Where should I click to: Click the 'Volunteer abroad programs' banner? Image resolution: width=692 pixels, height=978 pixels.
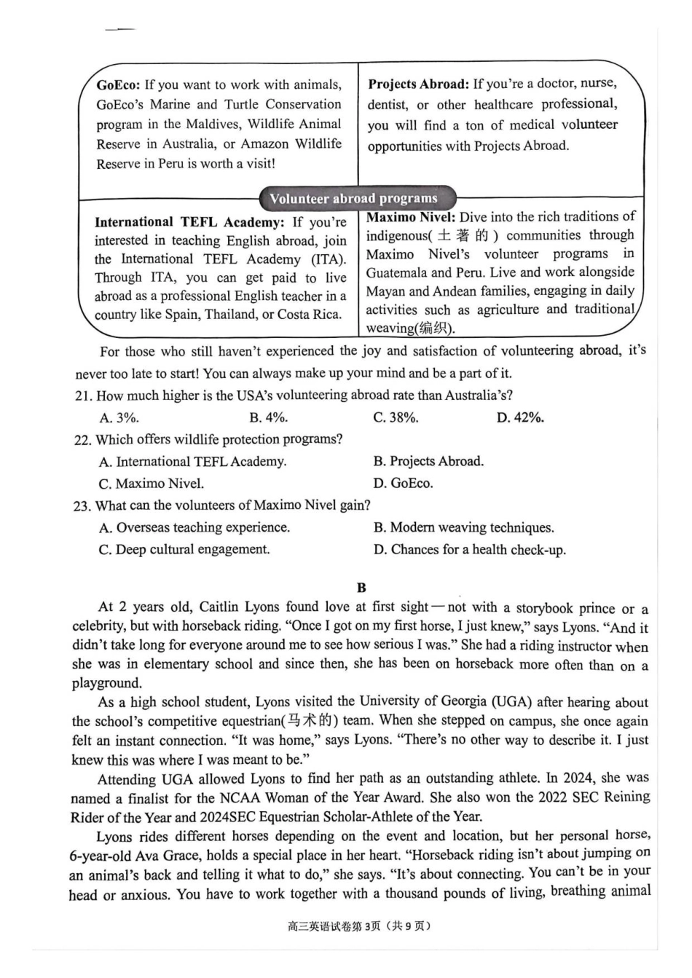pyautogui.click(x=354, y=198)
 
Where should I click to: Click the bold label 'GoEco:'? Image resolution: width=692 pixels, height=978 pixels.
pyautogui.click(x=118, y=84)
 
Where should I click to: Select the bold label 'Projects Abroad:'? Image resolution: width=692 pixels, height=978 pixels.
pyautogui.click(x=418, y=84)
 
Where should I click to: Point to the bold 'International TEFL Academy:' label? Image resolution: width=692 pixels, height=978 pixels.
pyautogui.click(x=189, y=222)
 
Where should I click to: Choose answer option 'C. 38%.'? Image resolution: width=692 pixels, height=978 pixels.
pyautogui.click(x=396, y=417)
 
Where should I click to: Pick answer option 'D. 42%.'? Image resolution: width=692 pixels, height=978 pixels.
pyautogui.click(x=520, y=417)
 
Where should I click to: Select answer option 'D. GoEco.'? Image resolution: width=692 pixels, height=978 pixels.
pyautogui.click(x=403, y=483)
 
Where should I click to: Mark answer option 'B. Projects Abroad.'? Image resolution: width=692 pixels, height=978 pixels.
pyautogui.click(x=428, y=461)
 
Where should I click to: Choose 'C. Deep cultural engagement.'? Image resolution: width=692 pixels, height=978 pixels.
pyautogui.click(x=184, y=549)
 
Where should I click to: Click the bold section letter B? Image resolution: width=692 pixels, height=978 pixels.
pyautogui.click(x=362, y=587)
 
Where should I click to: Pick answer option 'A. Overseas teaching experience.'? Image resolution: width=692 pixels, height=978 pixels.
pyautogui.click(x=194, y=527)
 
